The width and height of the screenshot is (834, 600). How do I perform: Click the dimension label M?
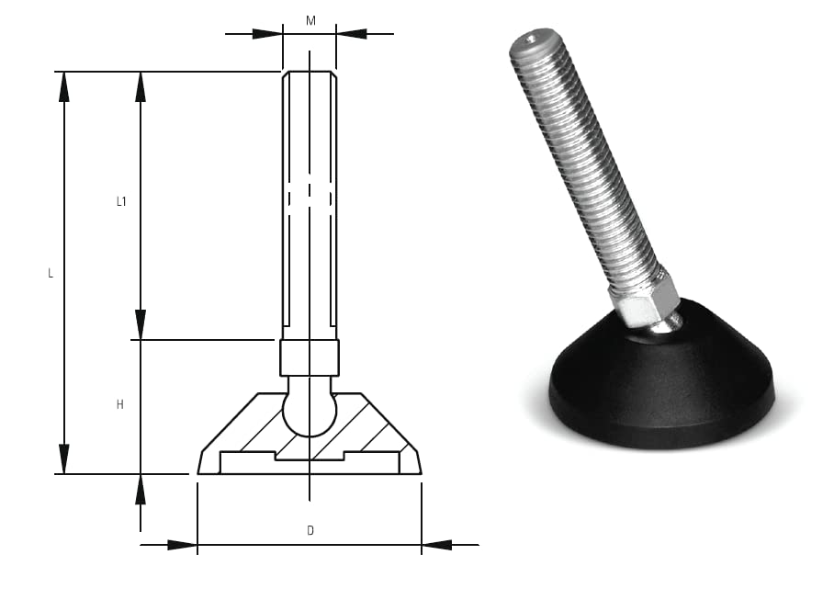tap(310, 21)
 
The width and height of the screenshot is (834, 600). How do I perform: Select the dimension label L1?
tap(121, 201)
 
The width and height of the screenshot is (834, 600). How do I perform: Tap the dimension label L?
tap(51, 274)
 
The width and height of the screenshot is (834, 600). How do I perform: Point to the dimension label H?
tap(120, 405)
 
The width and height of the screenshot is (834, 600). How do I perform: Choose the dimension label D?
tap(310, 530)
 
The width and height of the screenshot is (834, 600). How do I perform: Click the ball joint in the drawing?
tap(310, 413)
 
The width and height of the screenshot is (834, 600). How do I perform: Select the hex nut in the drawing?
tap(310, 358)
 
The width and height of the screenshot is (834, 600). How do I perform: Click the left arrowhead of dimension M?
tap(267, 34)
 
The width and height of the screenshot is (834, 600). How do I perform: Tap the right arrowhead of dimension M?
tap(352, 34)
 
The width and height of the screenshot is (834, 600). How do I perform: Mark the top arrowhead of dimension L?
tap(63, 86)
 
